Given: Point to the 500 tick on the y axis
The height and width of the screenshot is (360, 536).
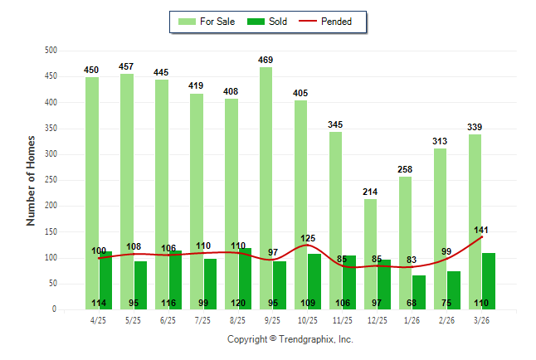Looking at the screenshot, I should tap(51, 51).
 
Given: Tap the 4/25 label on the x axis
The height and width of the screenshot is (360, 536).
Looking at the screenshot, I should tap(98, 319).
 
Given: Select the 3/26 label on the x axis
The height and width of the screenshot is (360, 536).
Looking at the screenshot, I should tap(481, 319).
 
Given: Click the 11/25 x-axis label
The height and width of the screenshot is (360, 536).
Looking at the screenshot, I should tap(342, 319).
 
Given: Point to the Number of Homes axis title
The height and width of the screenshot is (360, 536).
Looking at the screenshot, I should tap(31, 180).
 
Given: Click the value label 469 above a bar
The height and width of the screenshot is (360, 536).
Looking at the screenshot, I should tap(266, 60).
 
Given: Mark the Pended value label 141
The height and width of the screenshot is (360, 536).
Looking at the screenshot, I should tap(481, 229).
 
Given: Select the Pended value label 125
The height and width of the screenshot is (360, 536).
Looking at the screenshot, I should tap(307, 238).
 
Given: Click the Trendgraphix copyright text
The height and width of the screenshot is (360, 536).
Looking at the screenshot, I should tap(290, 339).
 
